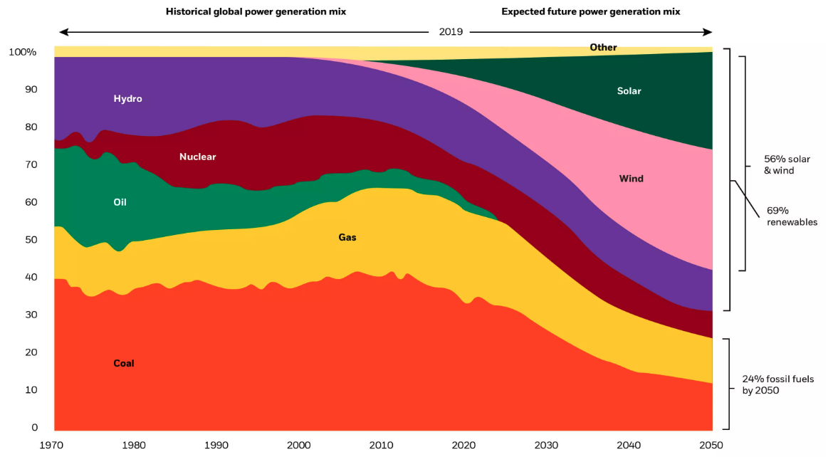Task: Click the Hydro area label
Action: (x=127, y=99)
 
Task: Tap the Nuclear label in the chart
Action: (x=197, y=157)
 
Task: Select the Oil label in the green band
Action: (x=120, y=202)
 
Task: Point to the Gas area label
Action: (x=347, y=237)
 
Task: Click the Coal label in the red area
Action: (x=124, y=364)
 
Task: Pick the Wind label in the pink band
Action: (x=631, y=179)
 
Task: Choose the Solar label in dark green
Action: (x=629, y=91)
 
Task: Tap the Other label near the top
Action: (x=603, y=48)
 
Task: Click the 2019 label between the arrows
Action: (x=451, y=32)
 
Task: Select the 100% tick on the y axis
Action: (x=22, y=53)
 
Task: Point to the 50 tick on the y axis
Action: (x=31, y=240)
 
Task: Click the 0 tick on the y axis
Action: (x=34, y=428)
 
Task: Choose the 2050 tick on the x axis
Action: (x=711, y=445)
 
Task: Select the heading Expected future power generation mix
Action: (x=590, y=12)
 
